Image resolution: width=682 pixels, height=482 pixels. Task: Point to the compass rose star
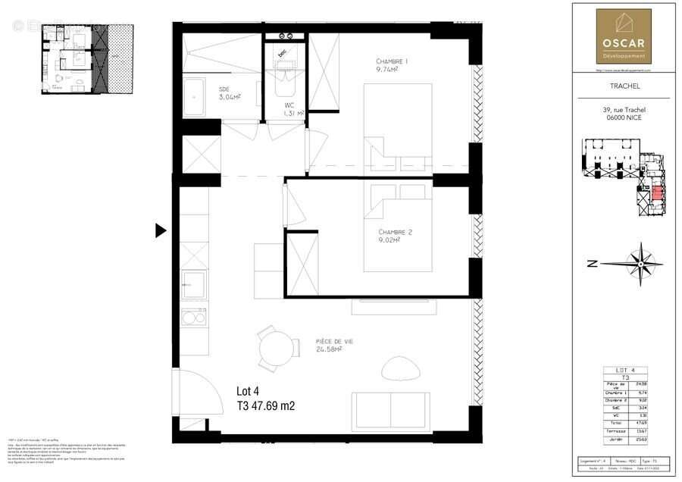(x=642, y=264)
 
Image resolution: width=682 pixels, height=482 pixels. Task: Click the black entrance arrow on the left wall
(x=160, y=230)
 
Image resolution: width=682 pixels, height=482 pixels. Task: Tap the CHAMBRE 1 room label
(x=392, y=61)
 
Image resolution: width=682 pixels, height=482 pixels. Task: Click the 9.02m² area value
(x=390, y=243)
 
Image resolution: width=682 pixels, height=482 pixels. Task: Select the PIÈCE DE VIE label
(x=334, y=342)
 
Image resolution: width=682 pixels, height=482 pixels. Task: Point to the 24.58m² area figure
(x=330, y=350)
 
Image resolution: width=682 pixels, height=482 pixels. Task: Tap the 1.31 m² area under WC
(x=293, y=114)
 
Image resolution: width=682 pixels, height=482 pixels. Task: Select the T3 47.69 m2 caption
(x=265, y=406)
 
